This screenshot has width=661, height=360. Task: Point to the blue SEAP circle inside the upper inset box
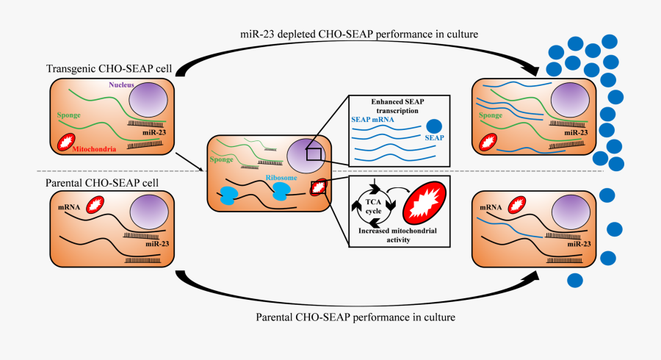click(435, 126)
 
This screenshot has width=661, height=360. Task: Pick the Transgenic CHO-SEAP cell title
click(109, 69)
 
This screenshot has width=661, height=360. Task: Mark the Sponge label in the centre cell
click(223, 158)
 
